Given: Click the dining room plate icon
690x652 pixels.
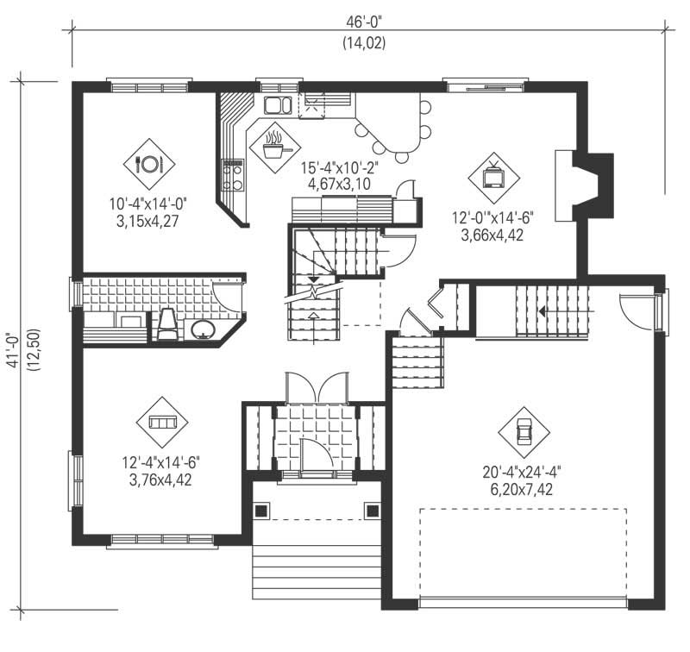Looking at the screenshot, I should [x=150, y=162].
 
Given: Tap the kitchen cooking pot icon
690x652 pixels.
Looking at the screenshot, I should [x=273, y=145].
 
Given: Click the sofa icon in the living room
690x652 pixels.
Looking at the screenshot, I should [x=161, y=422].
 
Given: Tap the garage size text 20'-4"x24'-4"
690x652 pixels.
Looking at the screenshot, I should [x=524, y=473].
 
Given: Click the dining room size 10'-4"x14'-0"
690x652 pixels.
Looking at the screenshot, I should [x=148, y=204].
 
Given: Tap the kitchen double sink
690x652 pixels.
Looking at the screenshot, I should [x=278, y=106].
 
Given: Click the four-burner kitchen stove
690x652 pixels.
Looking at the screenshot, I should [x=233, y=174].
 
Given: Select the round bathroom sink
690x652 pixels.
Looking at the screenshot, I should [x=204, y=329].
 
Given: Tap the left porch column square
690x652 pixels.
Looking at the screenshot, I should [x=260, y=511].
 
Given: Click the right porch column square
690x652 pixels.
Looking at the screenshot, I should [x=372, y=511].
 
